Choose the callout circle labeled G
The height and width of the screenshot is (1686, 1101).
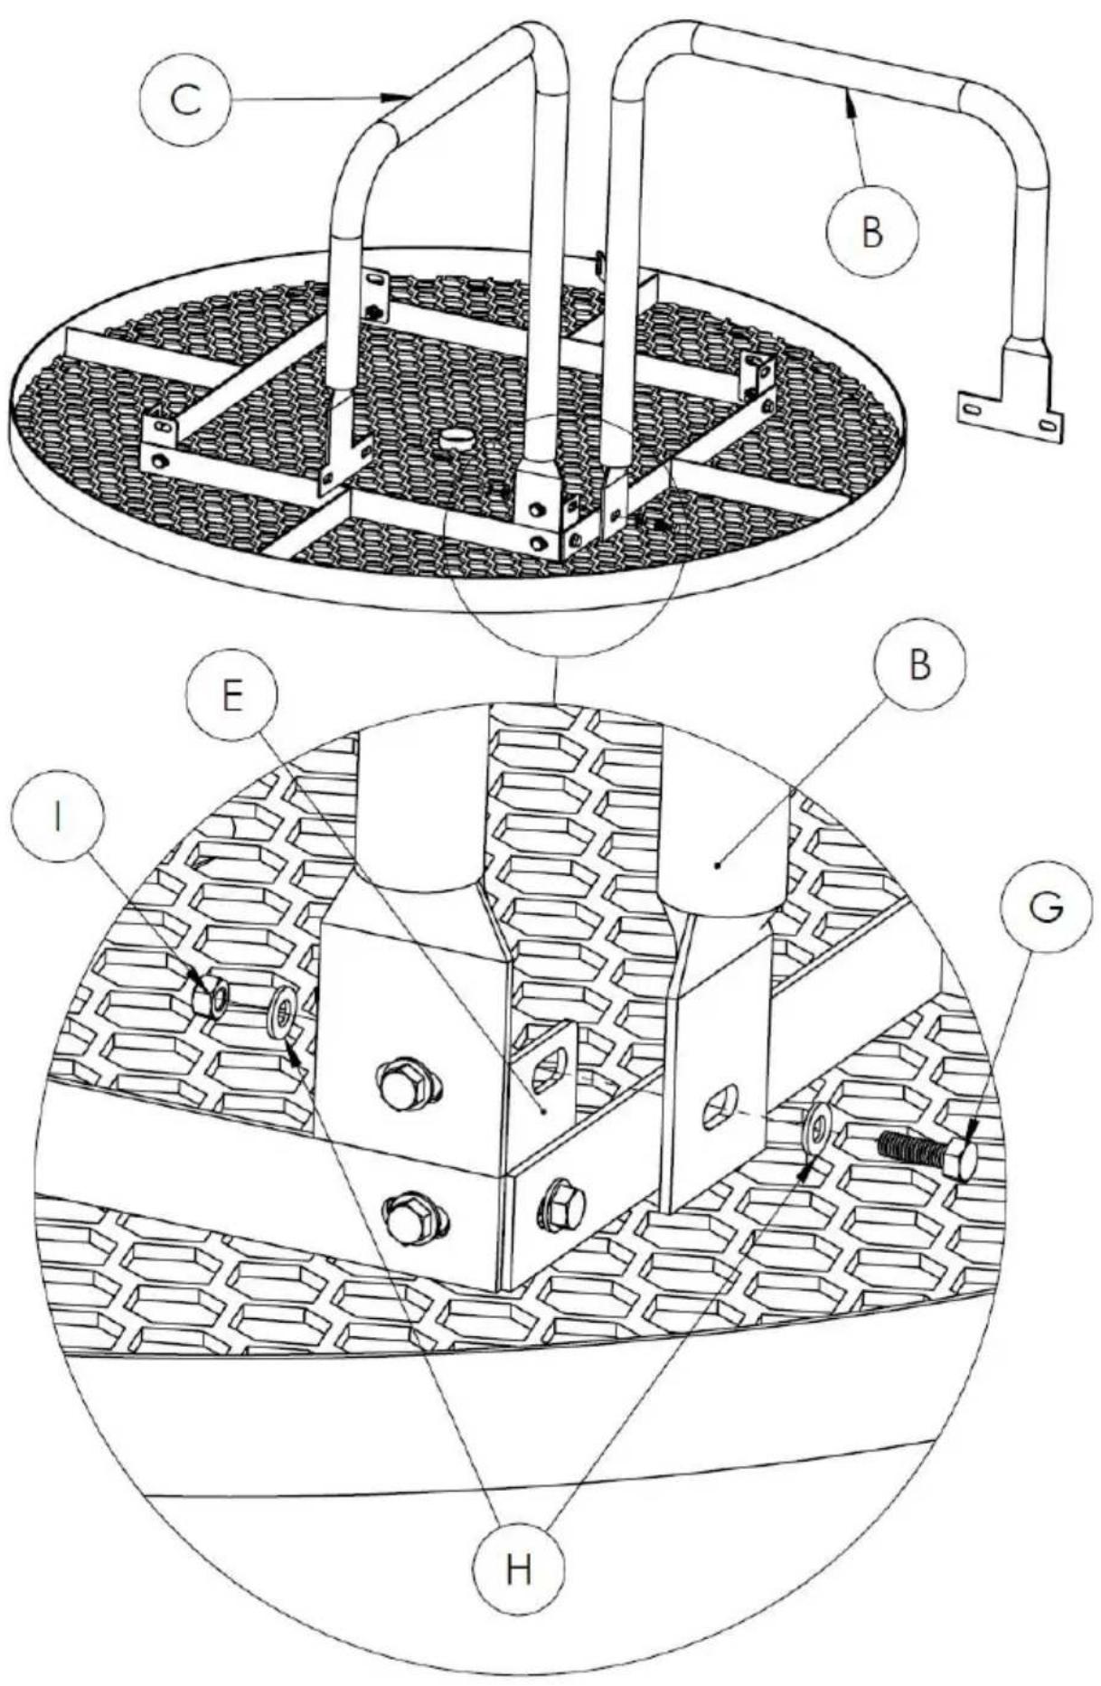[x=1046, y=908]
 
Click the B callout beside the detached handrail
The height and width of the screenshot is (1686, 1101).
[x=872, y=232]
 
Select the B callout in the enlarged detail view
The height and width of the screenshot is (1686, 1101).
[x=919, y=665]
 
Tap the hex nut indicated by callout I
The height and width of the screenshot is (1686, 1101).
[x=212, y=995]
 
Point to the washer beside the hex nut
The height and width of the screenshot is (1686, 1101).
[x=283, y=1008]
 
